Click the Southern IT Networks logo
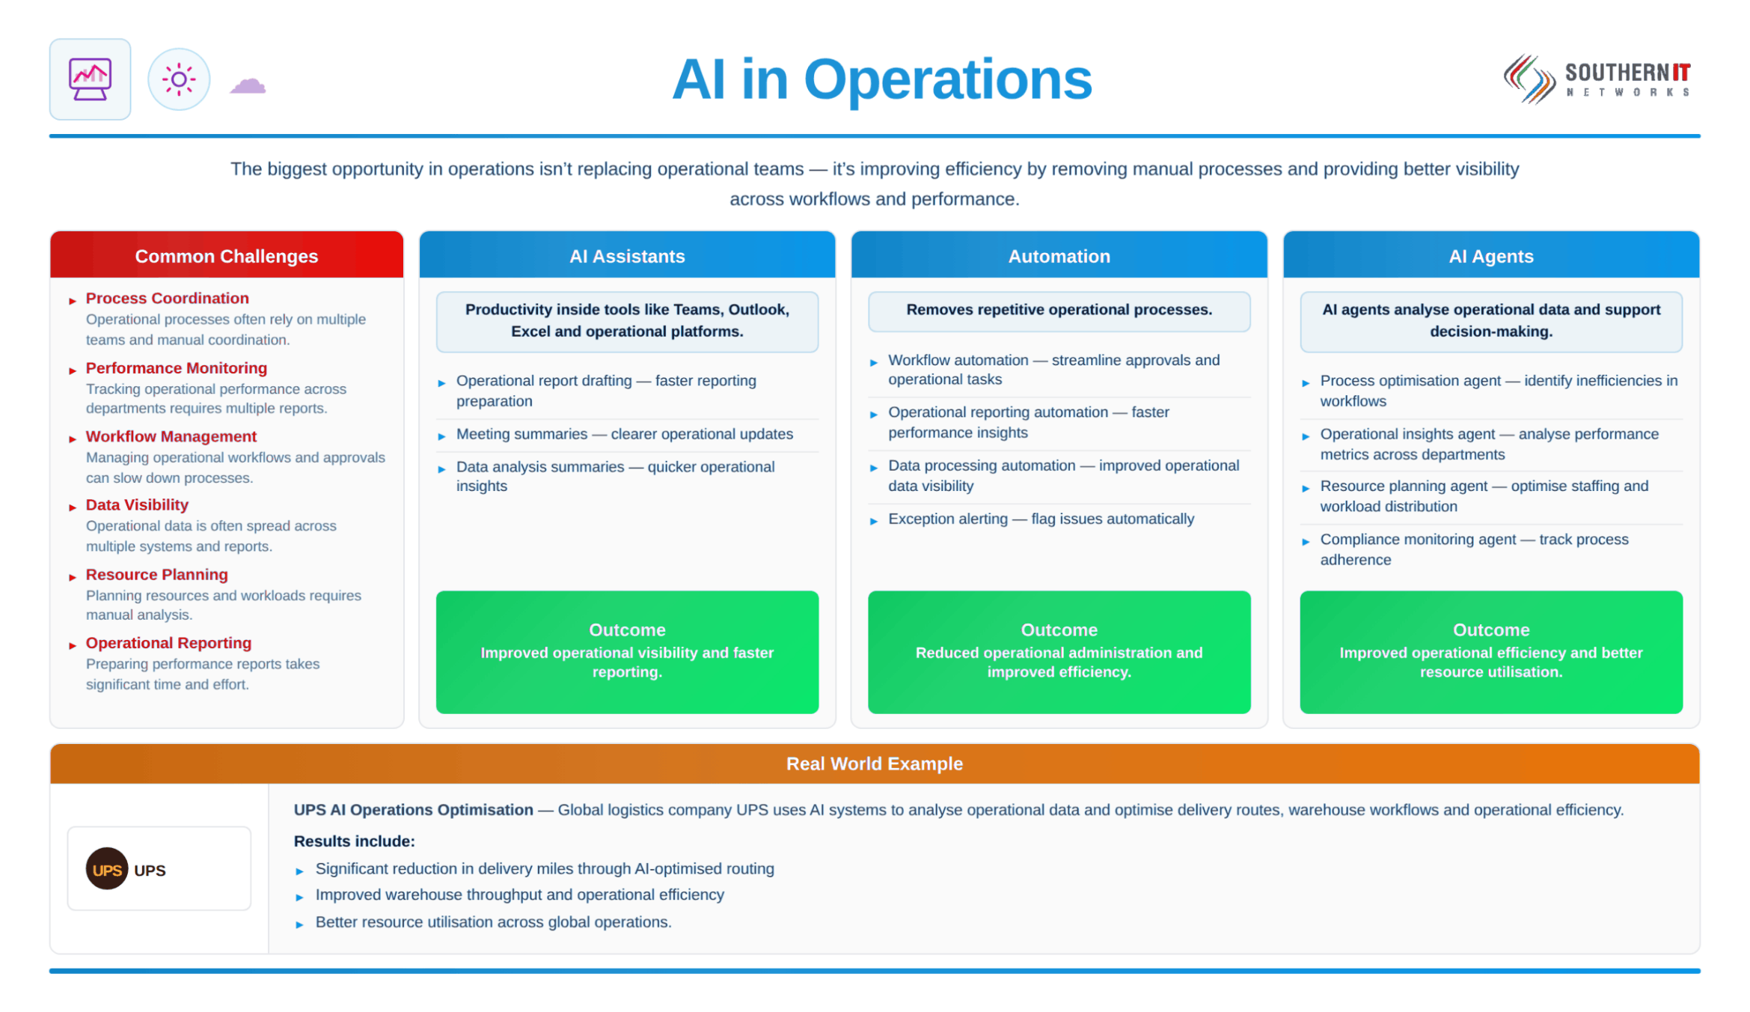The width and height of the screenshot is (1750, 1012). [x=1597, y=79]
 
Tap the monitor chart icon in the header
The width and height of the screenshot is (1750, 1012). [x=90, y=79]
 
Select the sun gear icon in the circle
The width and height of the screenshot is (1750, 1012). [x=179, y=79]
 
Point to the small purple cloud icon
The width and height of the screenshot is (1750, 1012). [x=248, y=85]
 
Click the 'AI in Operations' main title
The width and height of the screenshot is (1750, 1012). [x=882, y=79]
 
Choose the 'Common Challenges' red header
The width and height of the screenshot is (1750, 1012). [x=227, y=256]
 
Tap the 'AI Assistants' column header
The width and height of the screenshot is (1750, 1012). [x=627, y=256]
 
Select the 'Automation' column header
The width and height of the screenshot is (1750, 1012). [x=1059, y=256]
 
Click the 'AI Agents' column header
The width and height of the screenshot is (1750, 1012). [x=1491, y=256]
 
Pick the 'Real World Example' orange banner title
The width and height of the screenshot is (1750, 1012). [x=875, y=763]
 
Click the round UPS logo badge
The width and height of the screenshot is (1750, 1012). [x=106, y=868]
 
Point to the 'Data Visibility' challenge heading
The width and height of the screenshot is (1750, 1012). [x=137, y=505]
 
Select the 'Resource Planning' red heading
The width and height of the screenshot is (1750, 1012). [x=156, y=574]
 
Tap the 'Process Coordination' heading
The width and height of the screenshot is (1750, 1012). [x=167, y=298]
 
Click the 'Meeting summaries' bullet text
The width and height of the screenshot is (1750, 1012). [x=625, y=434]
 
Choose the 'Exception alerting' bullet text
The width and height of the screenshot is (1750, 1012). [x=1041, y=519]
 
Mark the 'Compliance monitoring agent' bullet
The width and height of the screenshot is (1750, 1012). [x=1474, y=549]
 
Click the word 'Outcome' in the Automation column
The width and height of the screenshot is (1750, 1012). [x=1059, y=630]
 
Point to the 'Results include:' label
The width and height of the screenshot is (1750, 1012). [x=354, y=841]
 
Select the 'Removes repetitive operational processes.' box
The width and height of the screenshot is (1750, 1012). [x=1059, y=311]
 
